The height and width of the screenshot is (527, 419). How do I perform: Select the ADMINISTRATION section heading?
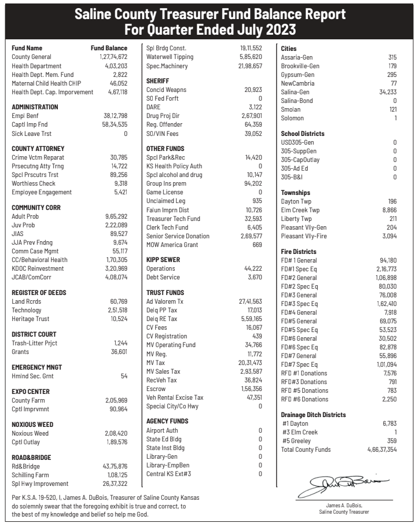[35, 107]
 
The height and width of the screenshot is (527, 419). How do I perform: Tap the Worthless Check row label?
[32, 183]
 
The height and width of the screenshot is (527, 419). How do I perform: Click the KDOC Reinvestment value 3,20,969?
[115, 268]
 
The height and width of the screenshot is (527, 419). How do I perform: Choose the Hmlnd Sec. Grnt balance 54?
[124, 376]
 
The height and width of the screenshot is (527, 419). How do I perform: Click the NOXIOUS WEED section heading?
[33, 425]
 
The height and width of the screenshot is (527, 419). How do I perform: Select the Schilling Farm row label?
[32, 475]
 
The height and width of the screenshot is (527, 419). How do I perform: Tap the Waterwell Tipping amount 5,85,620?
[251, 57]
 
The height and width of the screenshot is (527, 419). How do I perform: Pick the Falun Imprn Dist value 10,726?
[253, 209]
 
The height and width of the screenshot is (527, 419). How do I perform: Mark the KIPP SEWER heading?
[164, 260]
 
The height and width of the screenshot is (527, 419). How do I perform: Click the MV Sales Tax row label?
[163, 371]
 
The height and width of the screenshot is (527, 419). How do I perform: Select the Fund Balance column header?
[109, 48]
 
